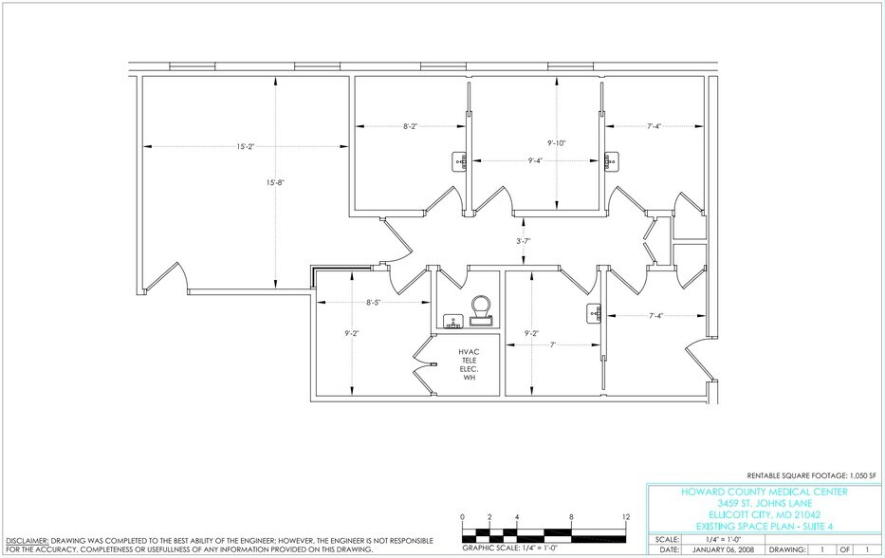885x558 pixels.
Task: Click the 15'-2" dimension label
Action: click(246, 146)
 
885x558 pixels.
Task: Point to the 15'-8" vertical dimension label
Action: click(276, 182)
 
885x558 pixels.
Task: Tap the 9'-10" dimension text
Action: click(557, 143)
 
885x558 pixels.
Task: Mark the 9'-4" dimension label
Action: click(536, 161)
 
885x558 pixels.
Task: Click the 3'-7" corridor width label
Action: click(522, 241)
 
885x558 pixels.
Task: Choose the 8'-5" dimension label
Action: click(376, 304)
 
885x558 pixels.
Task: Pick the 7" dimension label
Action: click(552, 344)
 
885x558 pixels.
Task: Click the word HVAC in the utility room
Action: click(469, 351)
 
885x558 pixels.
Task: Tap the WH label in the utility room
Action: click(469, 378)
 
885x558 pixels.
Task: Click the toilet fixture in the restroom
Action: click(482, 307)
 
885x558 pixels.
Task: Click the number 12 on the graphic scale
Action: click(626, 516)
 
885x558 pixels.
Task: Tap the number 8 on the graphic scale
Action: click(571, 516)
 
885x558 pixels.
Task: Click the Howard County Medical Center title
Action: click(765, 492)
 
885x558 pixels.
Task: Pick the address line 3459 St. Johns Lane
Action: click(765, 502)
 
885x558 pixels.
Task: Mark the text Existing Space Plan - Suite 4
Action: click(765, 524)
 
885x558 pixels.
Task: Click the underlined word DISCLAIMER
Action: click(26, 538)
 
